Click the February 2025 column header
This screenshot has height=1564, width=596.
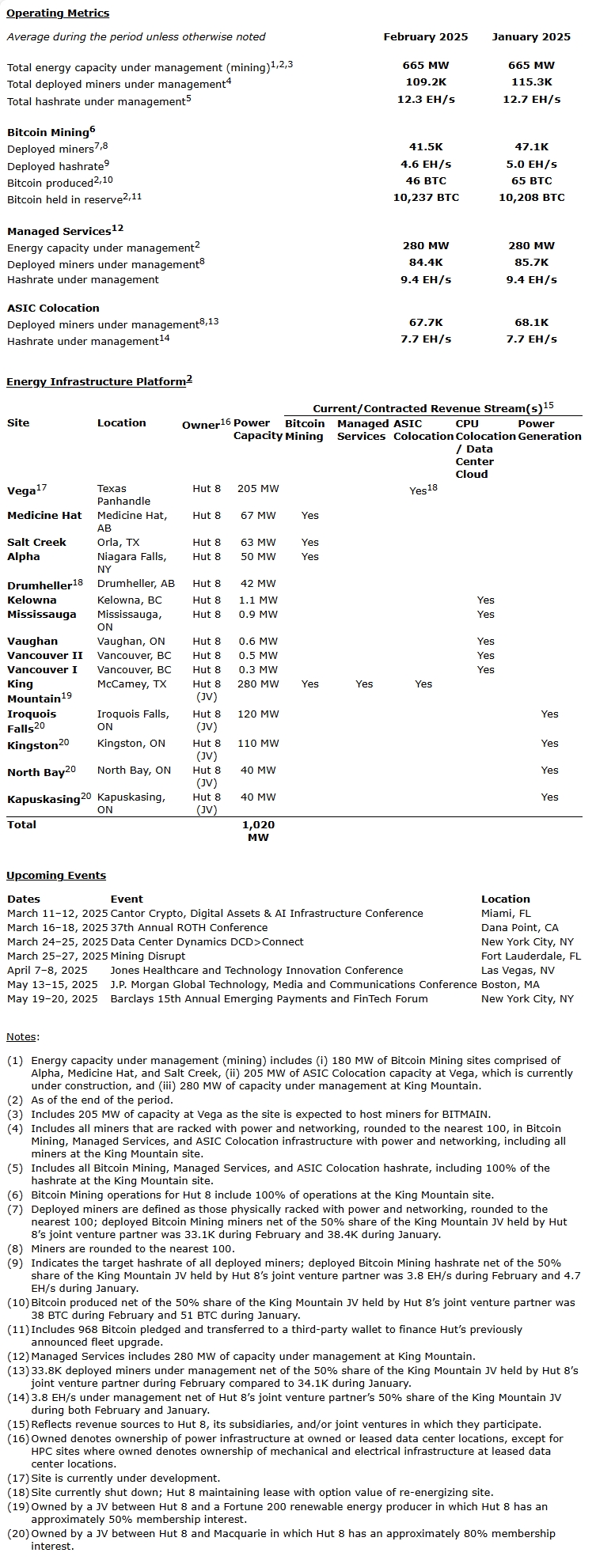(425, 37)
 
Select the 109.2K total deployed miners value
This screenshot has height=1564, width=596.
(425, 82)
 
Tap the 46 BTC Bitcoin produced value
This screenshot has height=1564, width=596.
(425, 181)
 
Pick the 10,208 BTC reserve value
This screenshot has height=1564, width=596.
(531, 198)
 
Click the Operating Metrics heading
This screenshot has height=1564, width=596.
(58, 13)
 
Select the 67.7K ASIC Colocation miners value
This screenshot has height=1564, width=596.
(425, 323)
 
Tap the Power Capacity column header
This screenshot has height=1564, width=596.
(257, 430)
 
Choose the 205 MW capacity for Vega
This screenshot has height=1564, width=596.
(258, 489)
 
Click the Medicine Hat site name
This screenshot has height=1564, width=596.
(44, 516)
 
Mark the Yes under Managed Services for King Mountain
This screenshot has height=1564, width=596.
(364, 684)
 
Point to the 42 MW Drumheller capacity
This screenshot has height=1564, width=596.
(258, 584)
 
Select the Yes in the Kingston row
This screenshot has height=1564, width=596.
(550, 744)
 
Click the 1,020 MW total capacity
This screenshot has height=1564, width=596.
(258, 831)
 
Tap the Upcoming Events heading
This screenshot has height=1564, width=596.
(56, 876)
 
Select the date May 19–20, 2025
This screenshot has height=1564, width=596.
(52, 999)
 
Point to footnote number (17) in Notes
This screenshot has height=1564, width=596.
(18, 1479)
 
